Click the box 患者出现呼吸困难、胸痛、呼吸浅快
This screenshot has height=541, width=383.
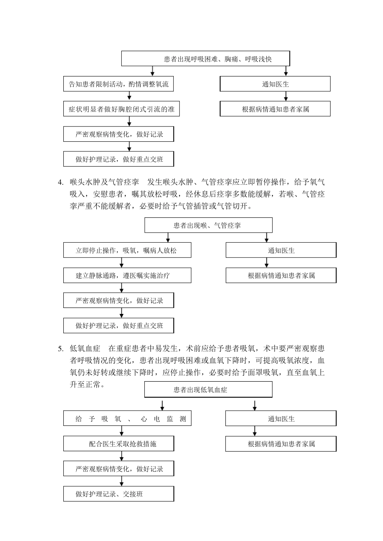click(x=206, y=59)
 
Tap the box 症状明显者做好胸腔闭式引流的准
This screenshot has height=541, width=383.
click(x=121, y=109)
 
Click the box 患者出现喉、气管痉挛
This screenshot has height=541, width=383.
click(x=208, y=225)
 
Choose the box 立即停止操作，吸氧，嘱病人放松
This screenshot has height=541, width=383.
click(x=127, y=250)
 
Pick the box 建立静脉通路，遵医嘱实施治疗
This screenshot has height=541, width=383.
click(x=127, y=276)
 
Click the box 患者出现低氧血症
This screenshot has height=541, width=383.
click(x=208, y=390)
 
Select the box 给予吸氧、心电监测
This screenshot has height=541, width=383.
click(x=127, y=419)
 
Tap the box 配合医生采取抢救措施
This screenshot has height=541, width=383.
click(x=119, y=444)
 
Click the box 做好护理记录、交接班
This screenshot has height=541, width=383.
click(x=119, y=494)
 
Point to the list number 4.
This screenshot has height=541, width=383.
click(x=60, y=182)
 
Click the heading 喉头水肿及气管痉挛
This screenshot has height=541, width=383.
click(x=104, y=182)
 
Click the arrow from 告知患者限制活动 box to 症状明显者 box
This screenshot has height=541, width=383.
click(x=129, y=96)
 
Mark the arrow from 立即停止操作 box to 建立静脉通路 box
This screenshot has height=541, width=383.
click(x=122, y=263)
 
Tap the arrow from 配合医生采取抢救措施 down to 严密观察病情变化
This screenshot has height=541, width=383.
click(x=122, y=456)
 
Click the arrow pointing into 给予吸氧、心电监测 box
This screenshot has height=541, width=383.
click(x=162, y=405)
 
